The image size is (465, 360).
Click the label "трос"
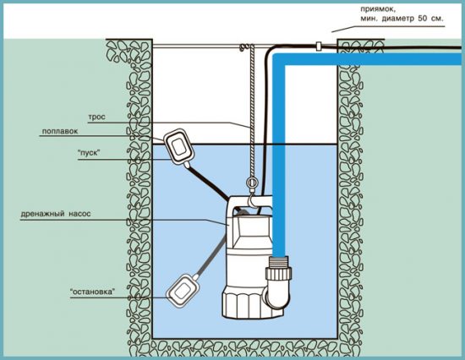[96, 117]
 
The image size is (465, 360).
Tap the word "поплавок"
[60, 131]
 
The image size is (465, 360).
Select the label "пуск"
[89, 154]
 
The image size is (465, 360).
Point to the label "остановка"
[92, 292]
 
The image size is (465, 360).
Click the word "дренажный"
[43, 214]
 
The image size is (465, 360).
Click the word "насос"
[79, 214]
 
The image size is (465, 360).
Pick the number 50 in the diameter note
[422, 19]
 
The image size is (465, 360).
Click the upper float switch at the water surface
[178, 146]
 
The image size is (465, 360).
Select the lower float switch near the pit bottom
[182, 292]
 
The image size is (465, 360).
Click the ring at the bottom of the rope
[252, 182]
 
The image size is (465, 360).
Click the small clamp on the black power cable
[319, 46]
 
